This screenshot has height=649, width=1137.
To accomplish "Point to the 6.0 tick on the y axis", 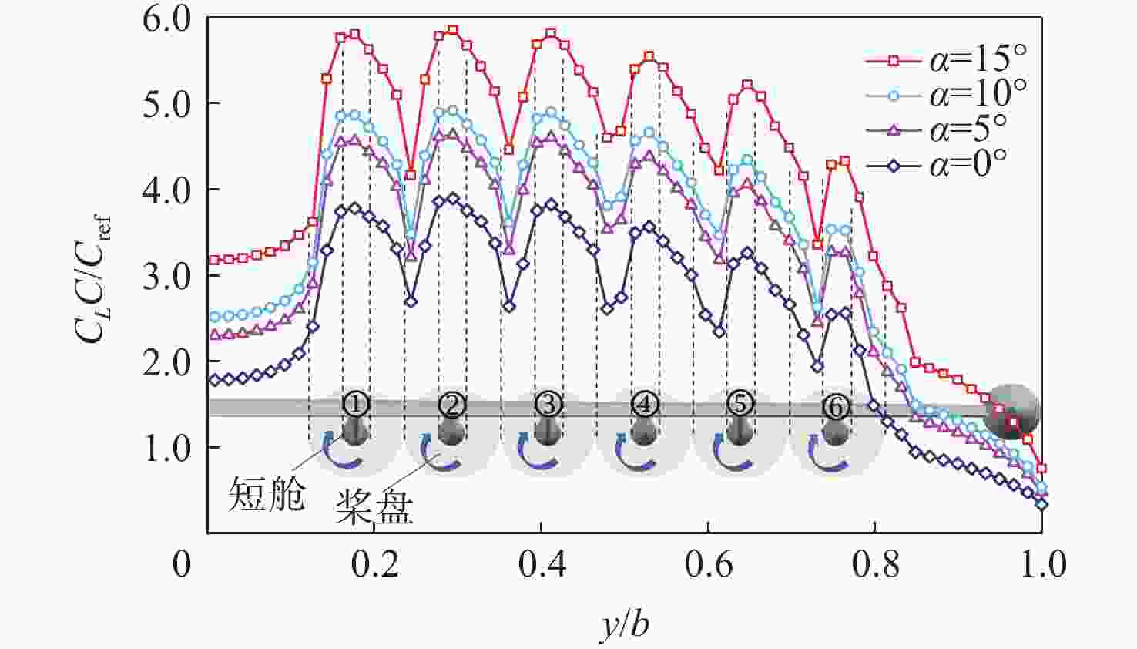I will click(x=166, y=18).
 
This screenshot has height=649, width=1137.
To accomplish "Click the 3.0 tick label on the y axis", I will click(x=166, y=276).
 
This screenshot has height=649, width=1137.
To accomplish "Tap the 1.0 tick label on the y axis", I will click(x=166, y=448).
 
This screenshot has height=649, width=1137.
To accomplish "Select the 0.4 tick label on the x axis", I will click(x=542, y=565).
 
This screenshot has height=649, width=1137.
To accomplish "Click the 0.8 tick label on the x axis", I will click(x=875, y=565).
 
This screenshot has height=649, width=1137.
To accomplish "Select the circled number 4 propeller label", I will click(x=644, y=403).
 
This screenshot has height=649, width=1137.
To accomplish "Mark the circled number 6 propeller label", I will click(x=836, y=406).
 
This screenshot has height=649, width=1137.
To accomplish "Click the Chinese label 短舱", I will click(x=267, y=494).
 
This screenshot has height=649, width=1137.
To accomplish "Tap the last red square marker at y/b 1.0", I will click(x=1041, y=469).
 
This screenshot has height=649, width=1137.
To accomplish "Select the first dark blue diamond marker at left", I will click(x=215, y=380).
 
